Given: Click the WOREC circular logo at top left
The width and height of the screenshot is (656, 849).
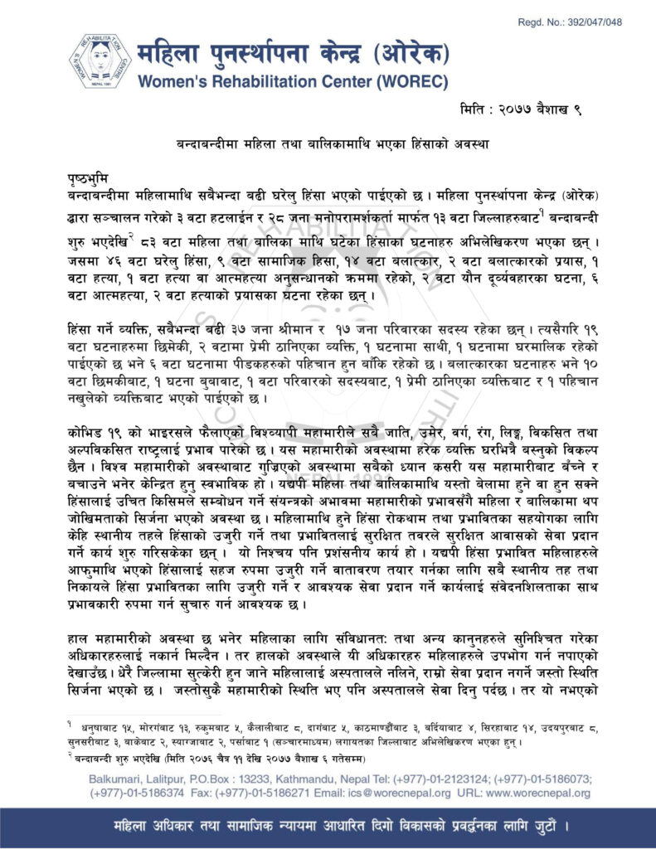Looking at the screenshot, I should pyautogui.click(x=100, y=62).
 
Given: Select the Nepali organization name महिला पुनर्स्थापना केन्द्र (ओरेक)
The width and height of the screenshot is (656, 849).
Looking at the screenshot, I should pyautogui.click(x=294, y=55).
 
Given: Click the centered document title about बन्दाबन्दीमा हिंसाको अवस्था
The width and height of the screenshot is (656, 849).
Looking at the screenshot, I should pyautogui.click(x=328, y=143).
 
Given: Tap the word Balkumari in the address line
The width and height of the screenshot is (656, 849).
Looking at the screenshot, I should pyautogui.click(x=115, y=780).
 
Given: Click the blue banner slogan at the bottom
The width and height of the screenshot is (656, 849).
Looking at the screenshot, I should pyautogui.click(x=328, y=827).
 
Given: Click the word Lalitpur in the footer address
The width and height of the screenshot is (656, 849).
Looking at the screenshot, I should pyautogui.click(x=170, y=780).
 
